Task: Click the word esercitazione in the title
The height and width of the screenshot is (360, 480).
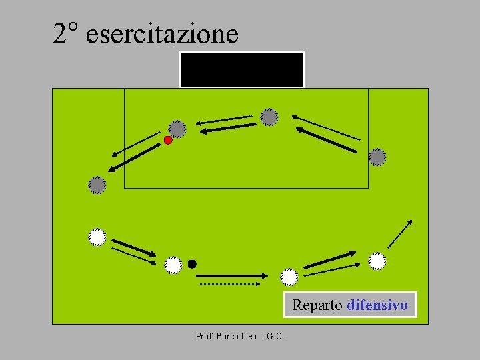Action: pyautogui.click(x=162, y=34)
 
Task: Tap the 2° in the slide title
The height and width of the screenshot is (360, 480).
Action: pyautogui.click(x=67, y=33)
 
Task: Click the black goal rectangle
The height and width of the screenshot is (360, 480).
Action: pyautogui.click(x=241, y=69)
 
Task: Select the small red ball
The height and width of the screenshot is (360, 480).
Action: pyautogui.click(x=168, y=140)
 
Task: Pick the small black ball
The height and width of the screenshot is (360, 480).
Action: pyautogui.click(x=192, y=264)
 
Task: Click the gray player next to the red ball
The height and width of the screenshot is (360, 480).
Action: pyautogui.click(x=177, y=128)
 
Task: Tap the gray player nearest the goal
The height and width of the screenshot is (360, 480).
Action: pyautogui.click(x=269, y=117)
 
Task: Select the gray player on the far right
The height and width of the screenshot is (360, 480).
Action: pyautogui.click(x=377, y=157)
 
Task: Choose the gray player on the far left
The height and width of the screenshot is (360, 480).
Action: pyautogui.click(x=97, y=185)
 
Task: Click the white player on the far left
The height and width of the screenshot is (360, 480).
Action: pyautogui.click(x=97, y=237)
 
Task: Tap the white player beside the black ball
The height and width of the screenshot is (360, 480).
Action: pyautogui.click(x=173, y=265)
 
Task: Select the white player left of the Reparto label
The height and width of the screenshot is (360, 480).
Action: pyautogui.click(x=289, y=276)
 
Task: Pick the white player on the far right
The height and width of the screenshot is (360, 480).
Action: pyautogui.click(x=377, y=261)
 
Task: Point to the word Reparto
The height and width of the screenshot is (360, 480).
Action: pyautogui.click(x=317, y=305)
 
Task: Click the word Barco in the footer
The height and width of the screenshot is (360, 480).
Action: pyautogui.click(x=225, y=337)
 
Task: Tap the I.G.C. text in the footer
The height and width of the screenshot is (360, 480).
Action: pyautogui.click(x=273, y=337)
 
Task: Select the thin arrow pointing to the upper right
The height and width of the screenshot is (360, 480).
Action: pyautogui.click(x=400, y=233)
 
